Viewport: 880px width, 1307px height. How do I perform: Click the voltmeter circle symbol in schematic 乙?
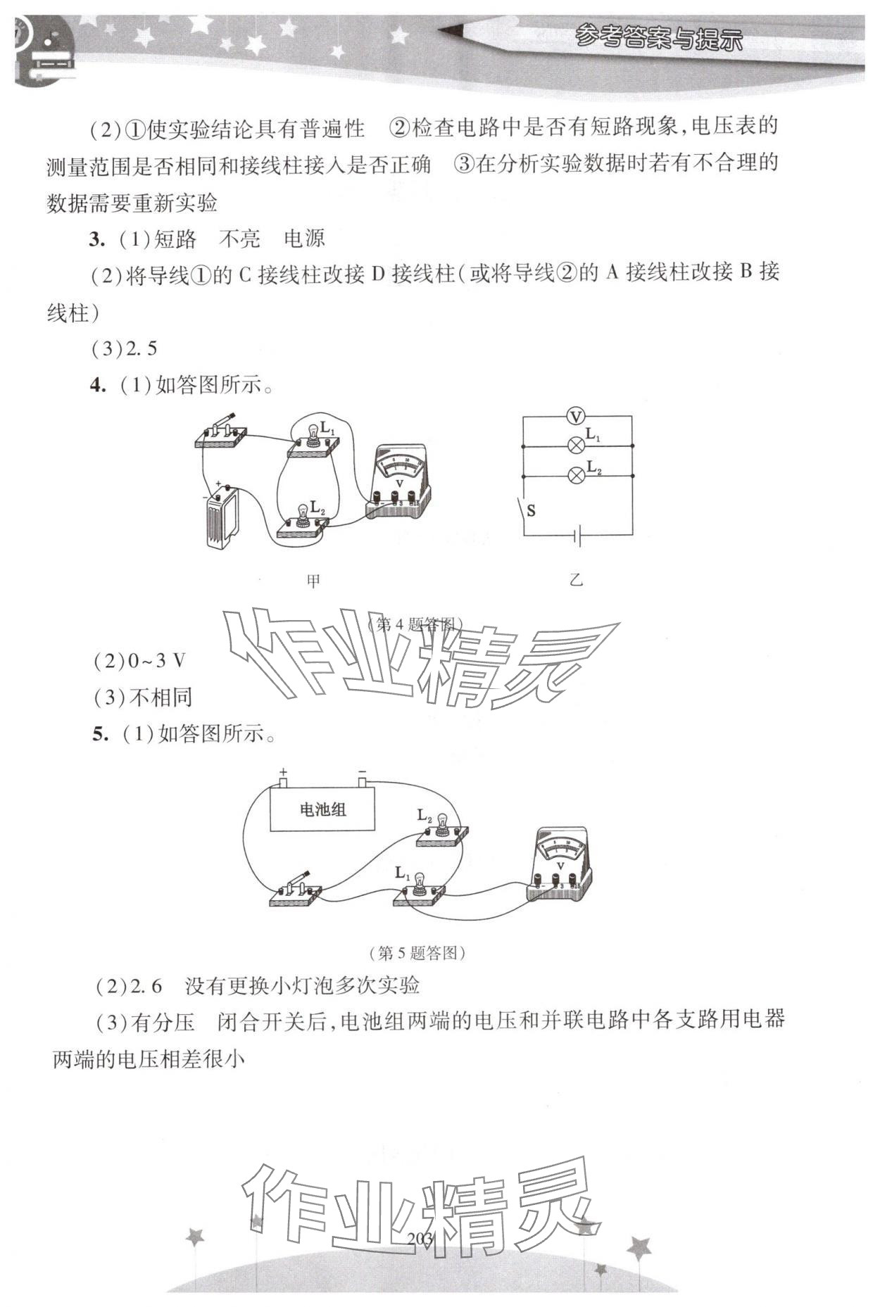[577, 417]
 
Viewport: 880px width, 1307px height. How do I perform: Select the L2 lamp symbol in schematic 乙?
[577, 476]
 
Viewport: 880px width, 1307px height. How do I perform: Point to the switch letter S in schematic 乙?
[531, 511]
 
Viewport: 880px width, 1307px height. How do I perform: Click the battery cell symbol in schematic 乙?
[577, 538]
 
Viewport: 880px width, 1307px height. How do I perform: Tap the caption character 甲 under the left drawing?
[313, 581]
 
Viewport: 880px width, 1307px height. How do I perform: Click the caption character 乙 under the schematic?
[577, 581]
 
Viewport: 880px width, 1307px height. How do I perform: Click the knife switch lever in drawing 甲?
[224, 424]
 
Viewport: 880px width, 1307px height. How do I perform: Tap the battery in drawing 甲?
[222, 519]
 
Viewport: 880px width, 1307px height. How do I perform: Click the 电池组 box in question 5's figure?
[323, 809]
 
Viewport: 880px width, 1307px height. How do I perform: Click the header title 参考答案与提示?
[658, 39]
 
